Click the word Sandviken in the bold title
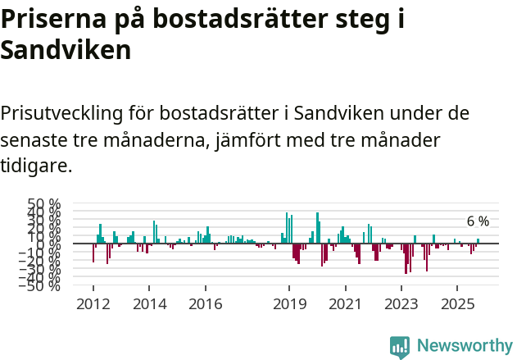[x=66, y=51]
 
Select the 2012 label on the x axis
[x=93, y=304]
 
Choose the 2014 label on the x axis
[x=149, y=304]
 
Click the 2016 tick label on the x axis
[x=205, y=304]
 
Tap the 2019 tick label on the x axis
[x=289, y=304]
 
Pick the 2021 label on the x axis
[x=345, y=304]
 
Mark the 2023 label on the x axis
[x=401, y=304]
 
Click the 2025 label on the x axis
[x=457, y=304]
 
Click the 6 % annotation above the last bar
[x=478, y=221]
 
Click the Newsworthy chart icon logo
[x=400, y=346]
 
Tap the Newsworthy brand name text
[x=464, y=346]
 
